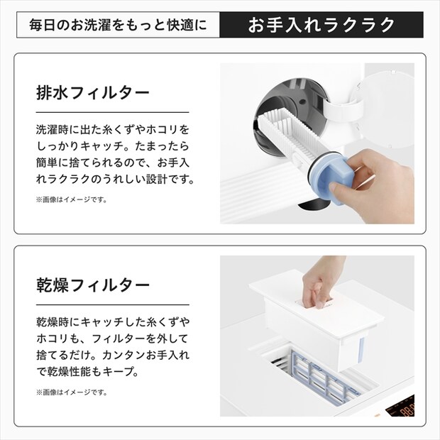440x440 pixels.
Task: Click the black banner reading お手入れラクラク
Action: (321, 26)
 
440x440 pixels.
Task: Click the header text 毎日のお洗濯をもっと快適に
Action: (118, 26)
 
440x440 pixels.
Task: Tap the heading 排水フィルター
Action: (93, 92)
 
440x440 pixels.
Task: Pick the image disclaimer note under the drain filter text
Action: (71, 199)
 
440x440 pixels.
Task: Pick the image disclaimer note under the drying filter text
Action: (71, 392)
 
